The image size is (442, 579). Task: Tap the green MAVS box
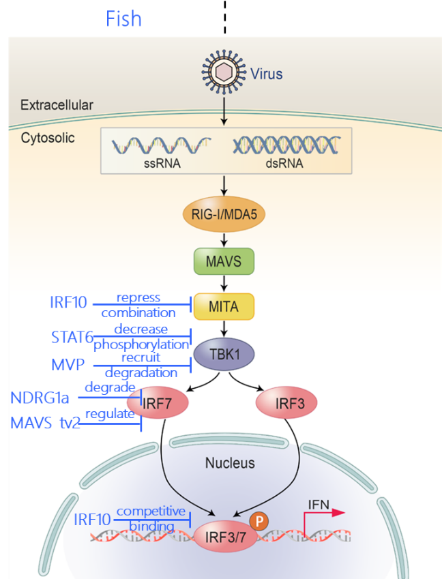click(224, 261)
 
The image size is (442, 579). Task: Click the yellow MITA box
click(224, 306)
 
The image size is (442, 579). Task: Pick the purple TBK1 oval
click(224, 354)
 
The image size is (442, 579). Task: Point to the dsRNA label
click(286, 164)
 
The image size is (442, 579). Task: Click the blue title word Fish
click(123, 18)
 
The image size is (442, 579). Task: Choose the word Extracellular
click(57, 105)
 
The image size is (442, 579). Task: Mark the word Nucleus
click(230, 463)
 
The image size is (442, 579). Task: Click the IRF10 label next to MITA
click(68, 302)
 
